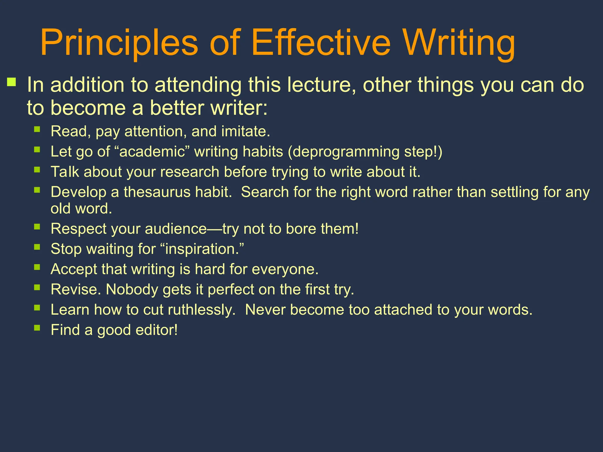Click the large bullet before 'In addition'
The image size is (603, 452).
pyautogui.click(x=12, y=82)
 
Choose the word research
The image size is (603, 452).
pyautogui.click(x=190, y=172)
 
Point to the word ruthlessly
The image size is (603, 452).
pyautogui.click(x=201, y=310)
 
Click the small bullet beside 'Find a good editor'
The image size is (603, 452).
pyautogui.click(x=37, y=328)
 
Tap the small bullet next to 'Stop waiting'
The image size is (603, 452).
pyautogui.click(x=37, y=247)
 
